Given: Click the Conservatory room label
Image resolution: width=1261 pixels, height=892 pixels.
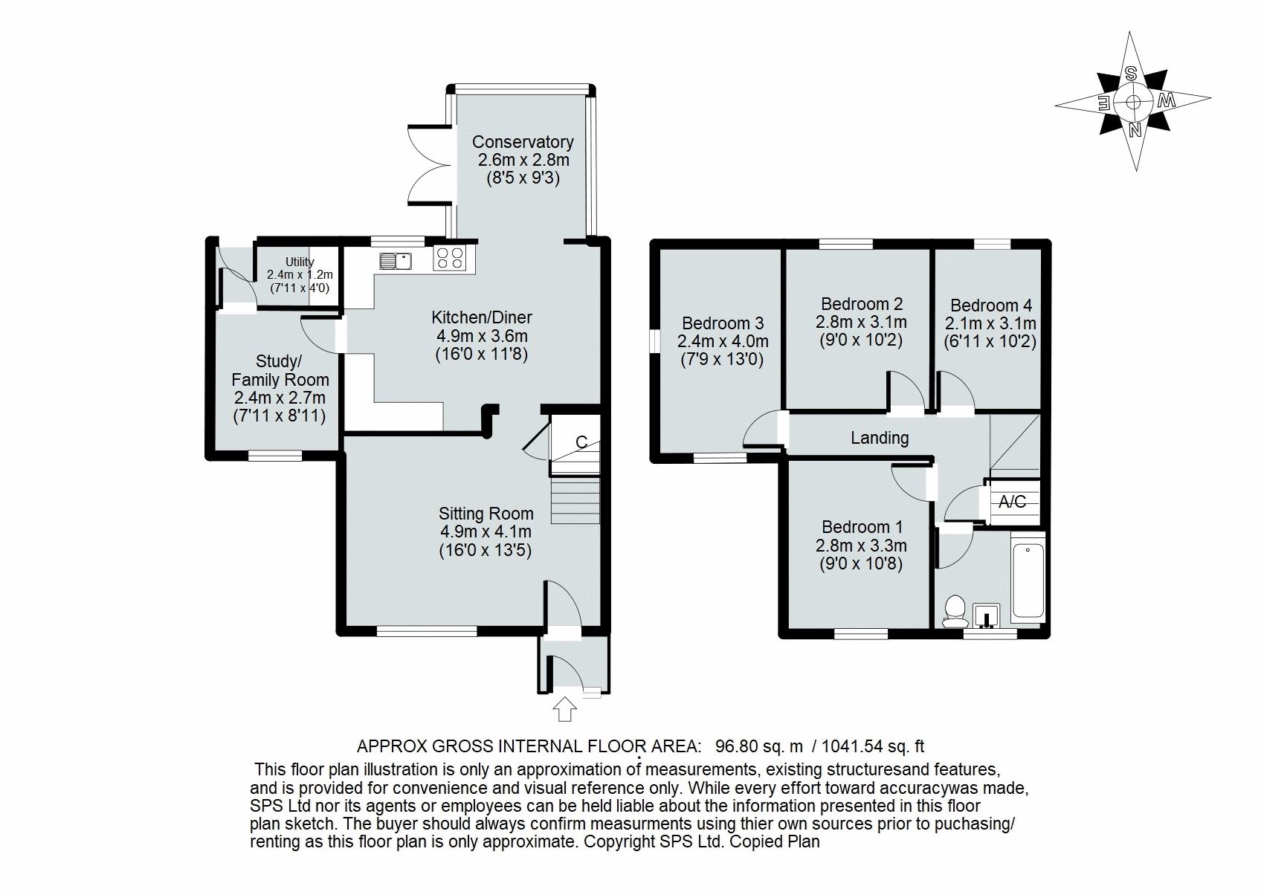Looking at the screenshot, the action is [523, 142].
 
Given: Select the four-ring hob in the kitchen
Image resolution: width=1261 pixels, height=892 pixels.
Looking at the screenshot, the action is [450, 258].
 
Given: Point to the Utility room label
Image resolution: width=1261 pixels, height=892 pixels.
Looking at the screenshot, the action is [300, 262].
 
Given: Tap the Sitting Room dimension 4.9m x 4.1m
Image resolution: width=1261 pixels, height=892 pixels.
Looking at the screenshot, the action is [486, 531].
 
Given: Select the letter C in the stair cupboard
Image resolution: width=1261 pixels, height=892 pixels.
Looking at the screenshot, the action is [581, 442].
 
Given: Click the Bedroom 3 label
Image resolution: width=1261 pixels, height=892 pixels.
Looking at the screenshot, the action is [723, 323].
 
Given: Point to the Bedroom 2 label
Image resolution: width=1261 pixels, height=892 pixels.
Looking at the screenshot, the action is [862, 304].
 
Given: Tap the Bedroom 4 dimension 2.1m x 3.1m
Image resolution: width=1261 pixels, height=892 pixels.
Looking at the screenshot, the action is [990, 323].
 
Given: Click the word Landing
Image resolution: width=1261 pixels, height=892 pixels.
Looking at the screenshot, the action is [880, 438].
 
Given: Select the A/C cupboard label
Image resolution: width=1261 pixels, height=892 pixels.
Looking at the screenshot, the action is [1012, 502].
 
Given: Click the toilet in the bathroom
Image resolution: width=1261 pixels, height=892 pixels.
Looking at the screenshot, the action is [953, 610].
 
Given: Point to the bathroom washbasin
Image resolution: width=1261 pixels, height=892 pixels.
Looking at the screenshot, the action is [987, 615].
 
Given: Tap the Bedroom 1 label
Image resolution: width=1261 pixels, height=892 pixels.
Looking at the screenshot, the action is [862, 527].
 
